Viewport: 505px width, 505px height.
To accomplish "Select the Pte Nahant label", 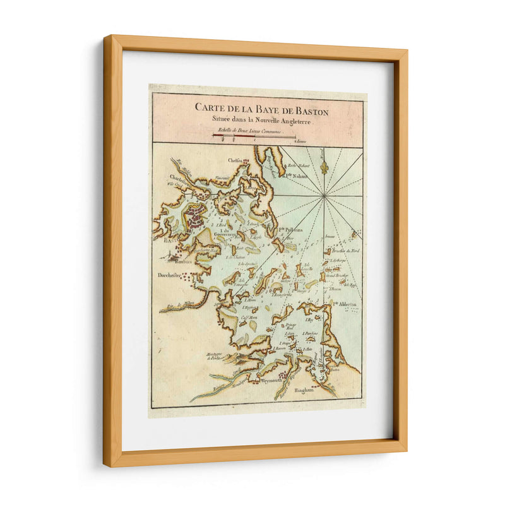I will click(295, 177).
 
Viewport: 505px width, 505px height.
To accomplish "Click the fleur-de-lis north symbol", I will click(324, 167).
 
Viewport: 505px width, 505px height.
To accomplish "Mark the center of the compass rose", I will click(323, 196).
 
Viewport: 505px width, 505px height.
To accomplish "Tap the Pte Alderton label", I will click(345, 303).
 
